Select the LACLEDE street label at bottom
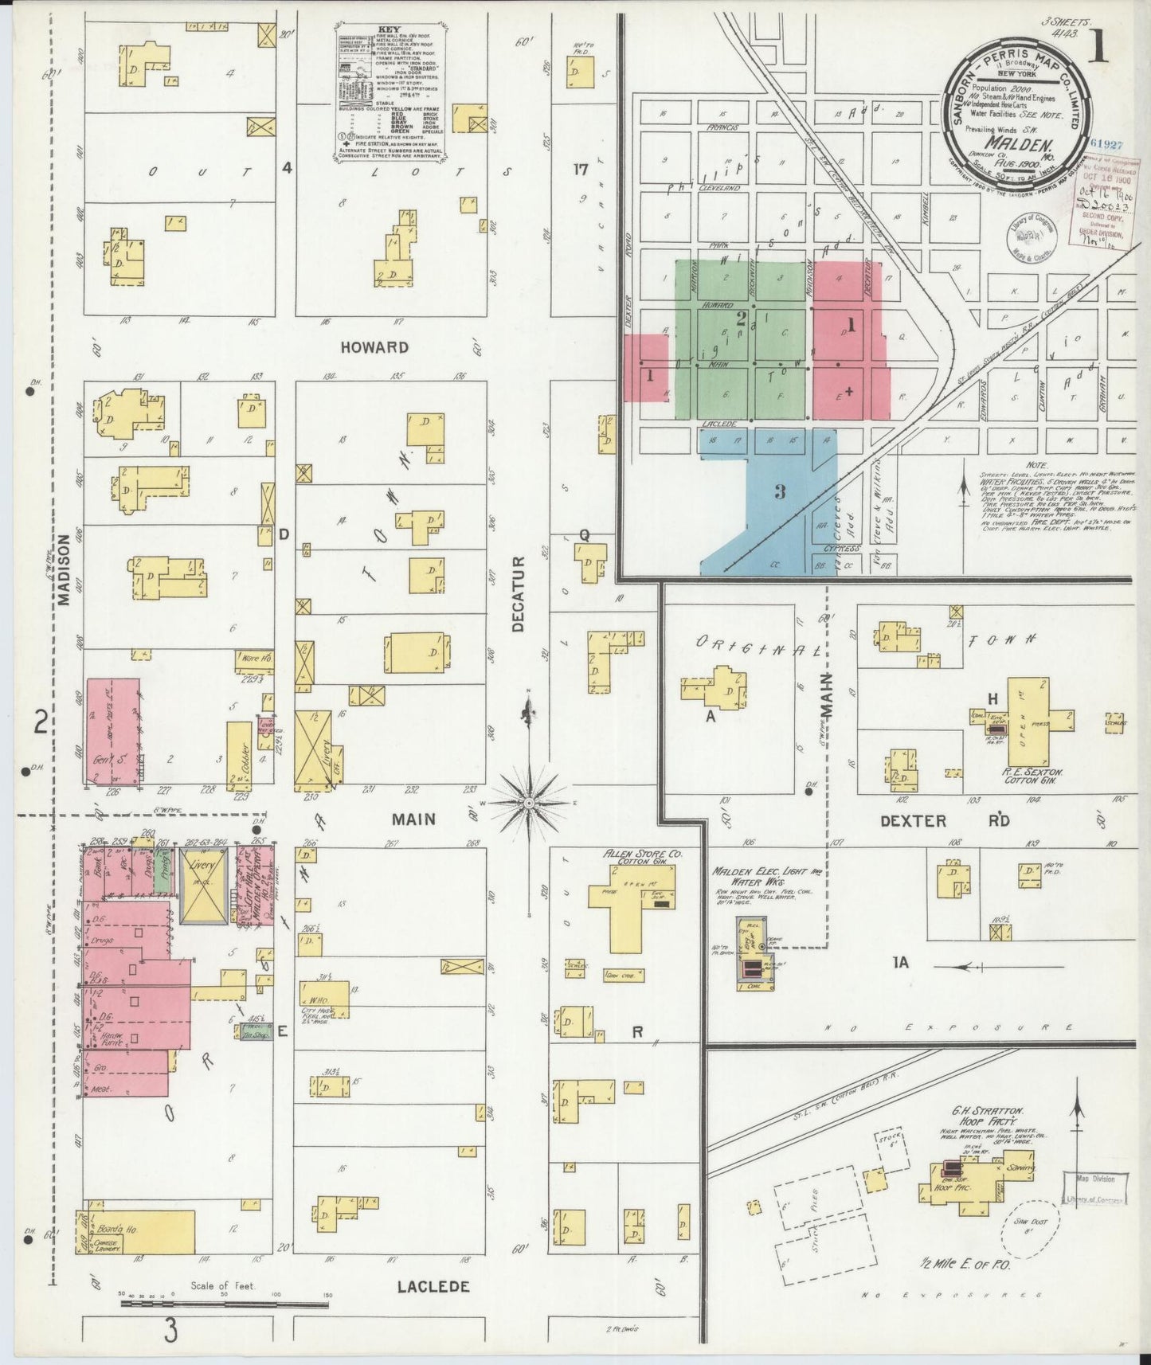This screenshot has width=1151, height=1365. pyautogui.click(x=433, y=1286)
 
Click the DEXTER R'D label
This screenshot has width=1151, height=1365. pyautogui.click(x=935, y=820)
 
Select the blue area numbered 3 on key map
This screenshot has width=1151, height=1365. pyautogui.click(x=779, y=492)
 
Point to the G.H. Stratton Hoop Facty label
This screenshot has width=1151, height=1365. pyautogui.click(x=977, y=1116)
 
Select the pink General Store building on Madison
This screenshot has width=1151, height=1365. pyautogui.click(x=112, y=731)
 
